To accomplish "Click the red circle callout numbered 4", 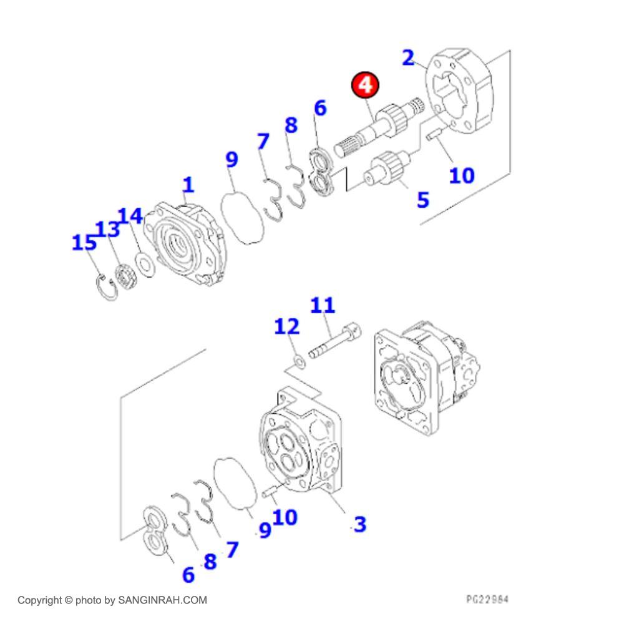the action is point(365,85).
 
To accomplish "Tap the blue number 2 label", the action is point(408,57).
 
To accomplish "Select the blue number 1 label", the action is point(188,185).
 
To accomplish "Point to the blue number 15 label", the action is point(84,242).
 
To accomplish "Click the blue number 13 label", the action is point(107,229).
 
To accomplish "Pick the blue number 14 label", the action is point(130,216).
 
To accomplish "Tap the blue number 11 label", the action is point(323,305).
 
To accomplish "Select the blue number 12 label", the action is point(286,326).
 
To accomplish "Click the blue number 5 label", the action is point(423,200).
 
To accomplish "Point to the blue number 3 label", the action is point(360,524).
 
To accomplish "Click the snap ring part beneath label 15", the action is point(107,287).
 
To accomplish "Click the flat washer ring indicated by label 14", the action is point(145,264).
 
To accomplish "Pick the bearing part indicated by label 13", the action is point(126,276).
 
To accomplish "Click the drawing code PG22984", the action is point(487,599).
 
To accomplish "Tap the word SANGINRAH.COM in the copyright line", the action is point(162,600).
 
